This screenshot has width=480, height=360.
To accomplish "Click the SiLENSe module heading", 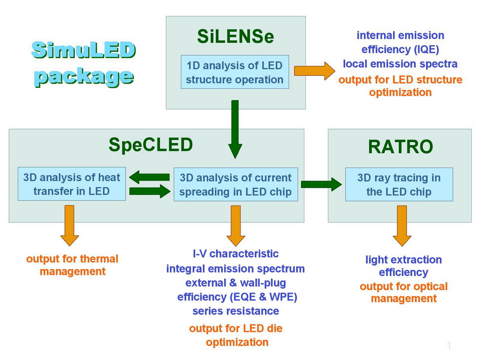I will [235, 36].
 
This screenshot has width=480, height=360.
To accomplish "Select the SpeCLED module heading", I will [150, 145].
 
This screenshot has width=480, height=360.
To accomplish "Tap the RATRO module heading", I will [400, 147].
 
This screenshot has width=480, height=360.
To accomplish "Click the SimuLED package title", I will [83, 62].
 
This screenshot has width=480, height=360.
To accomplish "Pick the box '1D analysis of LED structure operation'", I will [235, 72].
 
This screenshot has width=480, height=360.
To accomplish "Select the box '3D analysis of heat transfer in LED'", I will [72, 184].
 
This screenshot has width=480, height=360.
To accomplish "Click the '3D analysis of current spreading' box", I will [235, 184].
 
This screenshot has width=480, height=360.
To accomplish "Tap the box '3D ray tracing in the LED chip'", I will [399, 184].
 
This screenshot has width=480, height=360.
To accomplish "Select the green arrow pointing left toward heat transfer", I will [149, 177].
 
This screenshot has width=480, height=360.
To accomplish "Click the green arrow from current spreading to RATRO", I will [318, 184].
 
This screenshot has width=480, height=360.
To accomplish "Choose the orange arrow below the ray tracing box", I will [402, 225].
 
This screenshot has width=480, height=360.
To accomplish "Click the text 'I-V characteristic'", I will [235, 253].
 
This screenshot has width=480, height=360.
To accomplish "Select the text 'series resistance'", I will [235, 311].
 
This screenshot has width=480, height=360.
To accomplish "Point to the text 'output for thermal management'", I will [72, 265].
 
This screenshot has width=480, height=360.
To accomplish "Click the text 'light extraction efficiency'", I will [403, 266].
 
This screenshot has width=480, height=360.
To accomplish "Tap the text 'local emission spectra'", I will [400, 64].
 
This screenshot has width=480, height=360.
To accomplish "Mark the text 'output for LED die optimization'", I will [236, 335].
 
